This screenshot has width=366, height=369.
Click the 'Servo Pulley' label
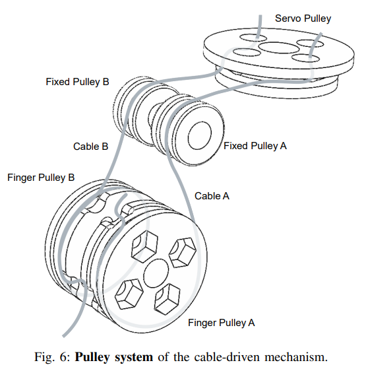[303, 18]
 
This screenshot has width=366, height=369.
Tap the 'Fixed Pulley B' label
[77, 82]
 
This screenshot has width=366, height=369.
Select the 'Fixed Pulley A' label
[255, 146]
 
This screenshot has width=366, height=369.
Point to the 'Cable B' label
[90, 147]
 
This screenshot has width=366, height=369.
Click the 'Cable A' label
[212, 196]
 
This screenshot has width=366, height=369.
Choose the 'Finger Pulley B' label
[41, 178]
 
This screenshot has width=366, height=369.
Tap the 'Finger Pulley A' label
[221, 323]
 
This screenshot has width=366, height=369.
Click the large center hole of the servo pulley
[279, 48]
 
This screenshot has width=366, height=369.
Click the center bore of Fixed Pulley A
[200, 135]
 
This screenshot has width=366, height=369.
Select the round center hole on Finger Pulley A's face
[156, 273]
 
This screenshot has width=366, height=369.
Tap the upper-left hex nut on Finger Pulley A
[144, 247]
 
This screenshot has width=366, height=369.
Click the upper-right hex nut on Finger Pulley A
[183, 253]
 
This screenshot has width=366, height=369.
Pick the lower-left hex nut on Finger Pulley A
[129, 294]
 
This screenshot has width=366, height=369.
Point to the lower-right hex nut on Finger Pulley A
[167, 299]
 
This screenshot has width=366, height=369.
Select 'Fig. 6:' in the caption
[52, 357]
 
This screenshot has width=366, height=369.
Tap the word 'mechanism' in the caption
[296, 357]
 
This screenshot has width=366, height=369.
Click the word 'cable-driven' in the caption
[228, 357]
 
